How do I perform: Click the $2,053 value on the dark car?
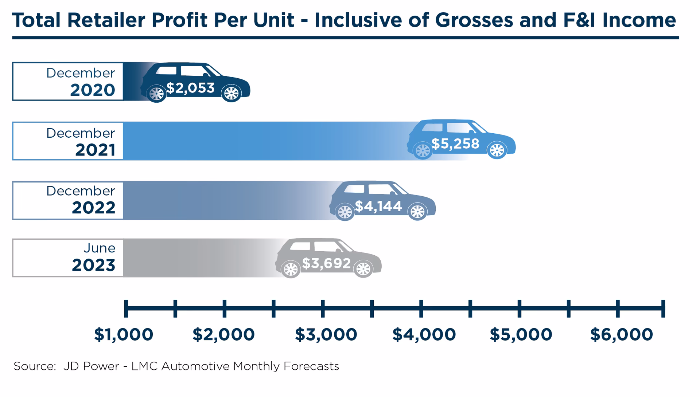tap(190, 88)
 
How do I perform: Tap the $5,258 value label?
tap(455, 144)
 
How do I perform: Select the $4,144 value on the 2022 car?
tap(378, 206)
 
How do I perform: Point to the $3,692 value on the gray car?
tap(326, 263)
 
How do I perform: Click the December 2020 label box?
tap(68, 81)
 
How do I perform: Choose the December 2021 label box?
tap(68, 141)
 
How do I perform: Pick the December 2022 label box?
tap(68, 200)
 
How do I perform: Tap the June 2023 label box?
tap(68, 258)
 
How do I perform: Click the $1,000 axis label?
tap(124, 334)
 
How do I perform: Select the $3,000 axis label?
tap(326, 334)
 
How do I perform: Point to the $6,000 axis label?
tap(621, 334)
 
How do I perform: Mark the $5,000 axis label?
tap(521, 334)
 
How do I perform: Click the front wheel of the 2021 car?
tap(497, 150)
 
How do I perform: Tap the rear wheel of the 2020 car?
tap(156, 94)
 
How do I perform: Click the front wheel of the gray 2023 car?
tap(363, 270)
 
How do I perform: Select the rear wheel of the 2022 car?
tap(345, 212)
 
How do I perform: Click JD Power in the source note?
tap(91, 366)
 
